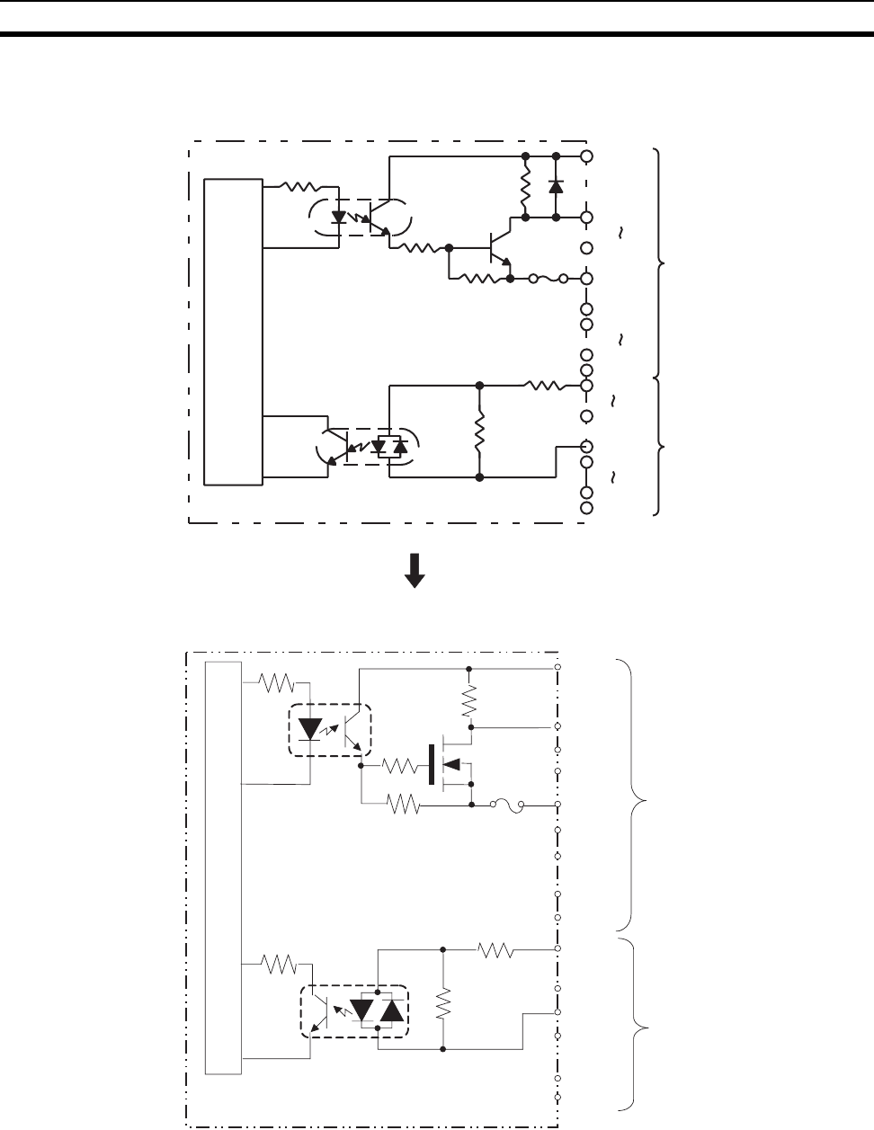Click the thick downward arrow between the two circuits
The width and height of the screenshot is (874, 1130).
415,570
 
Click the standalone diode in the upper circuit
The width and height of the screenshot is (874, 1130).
556,187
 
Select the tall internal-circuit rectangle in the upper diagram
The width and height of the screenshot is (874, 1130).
233,330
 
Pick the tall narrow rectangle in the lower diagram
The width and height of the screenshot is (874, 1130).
224,867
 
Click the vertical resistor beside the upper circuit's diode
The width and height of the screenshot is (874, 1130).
525,187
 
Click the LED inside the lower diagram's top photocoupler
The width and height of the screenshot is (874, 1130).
309,728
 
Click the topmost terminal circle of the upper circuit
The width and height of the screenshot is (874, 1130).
586,156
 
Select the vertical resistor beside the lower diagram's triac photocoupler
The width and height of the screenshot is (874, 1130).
442,1003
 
